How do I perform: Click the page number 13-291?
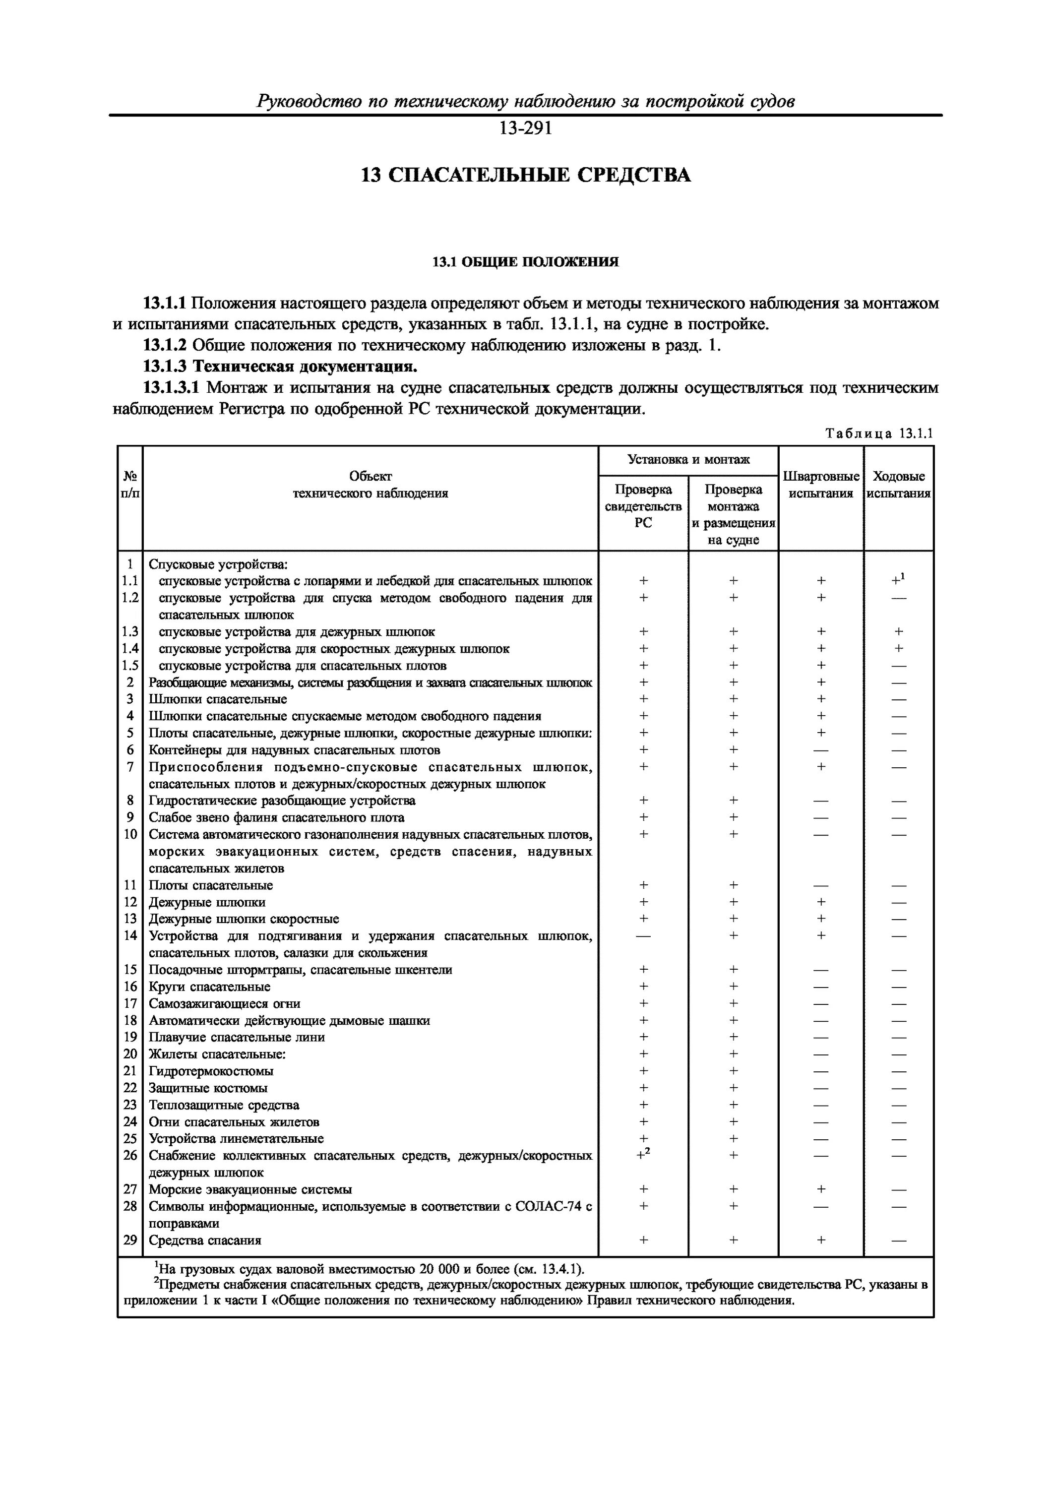pos(525,129)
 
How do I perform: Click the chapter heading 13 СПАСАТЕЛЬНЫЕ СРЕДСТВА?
pos(525,176)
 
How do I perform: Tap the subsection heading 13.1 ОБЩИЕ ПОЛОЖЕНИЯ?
pos(525,262)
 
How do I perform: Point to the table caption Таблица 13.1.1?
pos(878,434)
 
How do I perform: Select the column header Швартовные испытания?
pos(820,485)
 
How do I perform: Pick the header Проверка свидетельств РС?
pos(642,506)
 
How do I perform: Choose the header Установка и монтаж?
pos(688,459)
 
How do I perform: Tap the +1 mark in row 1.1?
pos(898,579)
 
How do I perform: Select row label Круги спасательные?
pos(209,987)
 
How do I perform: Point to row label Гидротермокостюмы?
pos(211,1071)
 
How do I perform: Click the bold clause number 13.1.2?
pos(165,345)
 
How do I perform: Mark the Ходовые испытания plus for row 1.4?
pos(898,649)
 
